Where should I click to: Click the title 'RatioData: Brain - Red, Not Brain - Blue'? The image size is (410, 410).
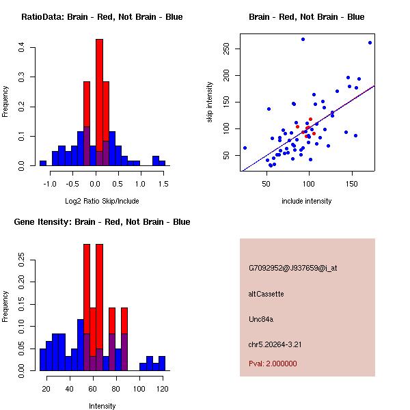102,17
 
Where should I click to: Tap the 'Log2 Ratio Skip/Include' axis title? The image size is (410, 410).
102,200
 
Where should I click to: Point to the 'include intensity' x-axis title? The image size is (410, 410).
307,201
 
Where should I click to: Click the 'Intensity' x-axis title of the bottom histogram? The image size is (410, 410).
102,406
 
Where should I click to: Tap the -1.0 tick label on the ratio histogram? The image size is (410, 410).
51,183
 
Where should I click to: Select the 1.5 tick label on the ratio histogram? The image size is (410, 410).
163,183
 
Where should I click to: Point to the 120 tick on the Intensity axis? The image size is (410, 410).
161,388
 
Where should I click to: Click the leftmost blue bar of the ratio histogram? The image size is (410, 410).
43,163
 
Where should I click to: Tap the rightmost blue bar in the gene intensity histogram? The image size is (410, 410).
162,364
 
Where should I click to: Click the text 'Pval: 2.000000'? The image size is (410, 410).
273,364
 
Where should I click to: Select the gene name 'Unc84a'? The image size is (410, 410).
261,319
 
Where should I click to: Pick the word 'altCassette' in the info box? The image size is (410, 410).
266,294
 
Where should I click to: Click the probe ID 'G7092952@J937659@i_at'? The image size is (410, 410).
292,268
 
